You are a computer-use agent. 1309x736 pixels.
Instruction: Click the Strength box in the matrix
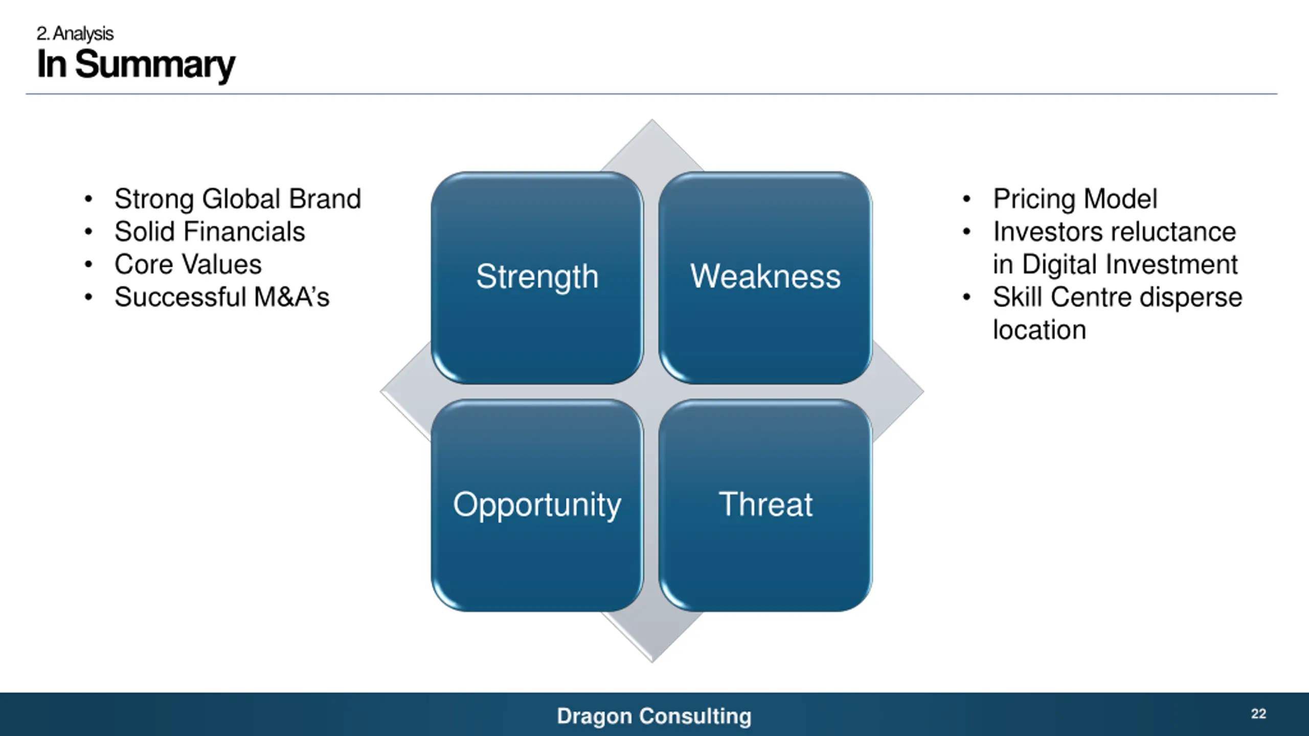pos(537,277)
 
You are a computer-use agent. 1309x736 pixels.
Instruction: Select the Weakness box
pos(765,277)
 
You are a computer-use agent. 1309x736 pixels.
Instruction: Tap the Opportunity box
pos(537,505)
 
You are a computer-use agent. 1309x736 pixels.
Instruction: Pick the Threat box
pos(765,505)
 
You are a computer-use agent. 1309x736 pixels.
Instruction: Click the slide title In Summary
pos(136,64)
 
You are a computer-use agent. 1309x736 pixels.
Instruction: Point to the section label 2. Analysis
pos(75,34)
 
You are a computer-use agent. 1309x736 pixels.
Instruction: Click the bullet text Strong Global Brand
pos(237,199)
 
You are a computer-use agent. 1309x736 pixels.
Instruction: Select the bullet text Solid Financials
pos(210,232)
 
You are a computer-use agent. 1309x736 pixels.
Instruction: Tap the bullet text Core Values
pos(188,264)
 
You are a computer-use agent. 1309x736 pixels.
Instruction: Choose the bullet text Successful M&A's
pos(222,297)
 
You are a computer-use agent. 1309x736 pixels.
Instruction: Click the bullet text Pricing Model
pos(1075,199)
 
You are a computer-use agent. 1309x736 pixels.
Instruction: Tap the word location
pos(1039,330)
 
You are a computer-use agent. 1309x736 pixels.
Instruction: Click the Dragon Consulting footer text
pos(654,716)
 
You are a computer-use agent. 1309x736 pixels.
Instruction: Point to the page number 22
pos(1258,714)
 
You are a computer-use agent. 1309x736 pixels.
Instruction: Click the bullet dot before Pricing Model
pos(966,199)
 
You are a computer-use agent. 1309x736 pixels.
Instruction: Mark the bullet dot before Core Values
pos(88,265)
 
